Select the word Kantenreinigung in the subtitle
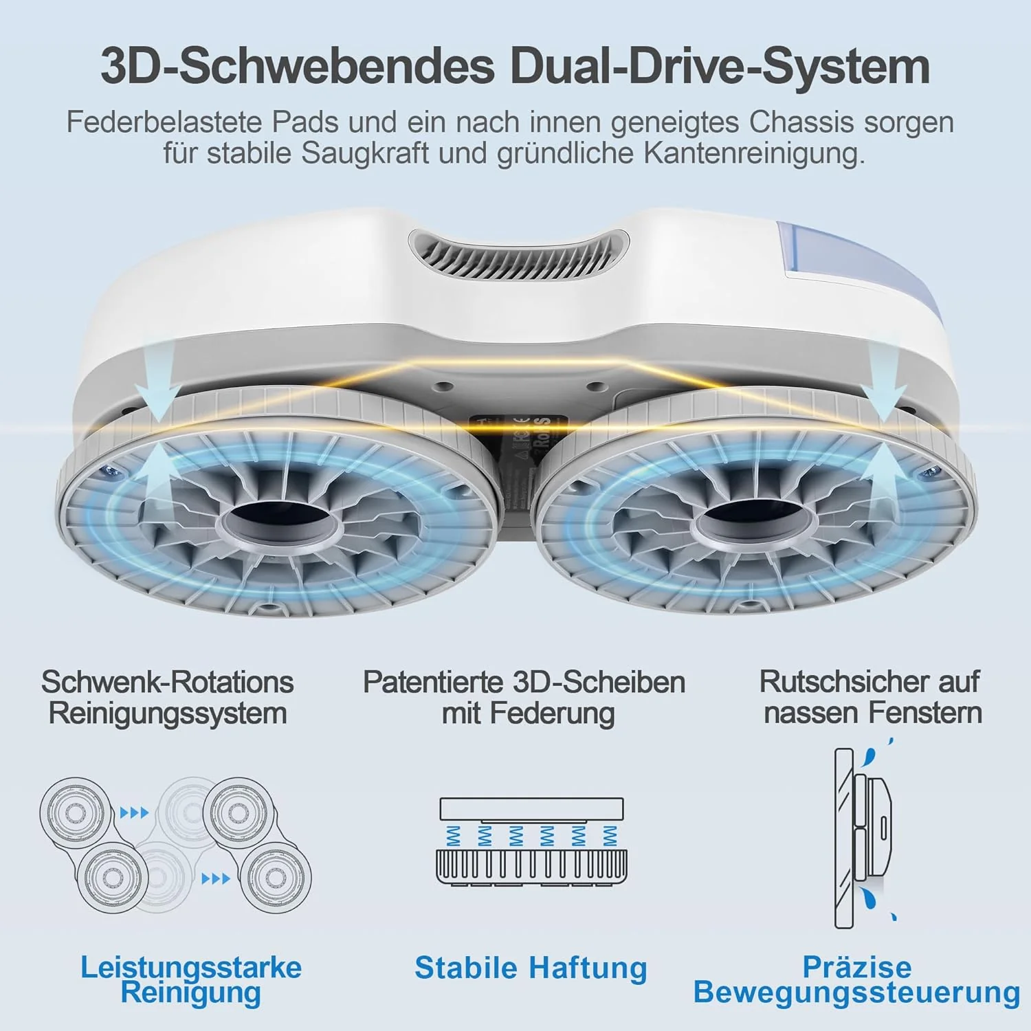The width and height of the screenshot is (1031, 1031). pyautogui.click(x=754, y=154)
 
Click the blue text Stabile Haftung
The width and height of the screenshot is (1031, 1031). pyautogui.click(x=531, y=968)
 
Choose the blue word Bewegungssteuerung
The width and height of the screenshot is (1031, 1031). pyautogui.click(x=856, y=993)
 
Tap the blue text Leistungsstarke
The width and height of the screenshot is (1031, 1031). pyautogui.click(x=191, y=968)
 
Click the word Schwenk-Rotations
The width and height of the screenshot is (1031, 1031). pyautogui.click(x=168, y=683)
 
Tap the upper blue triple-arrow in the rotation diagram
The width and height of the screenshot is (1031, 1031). pyautogui.click(x=134, y=813)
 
